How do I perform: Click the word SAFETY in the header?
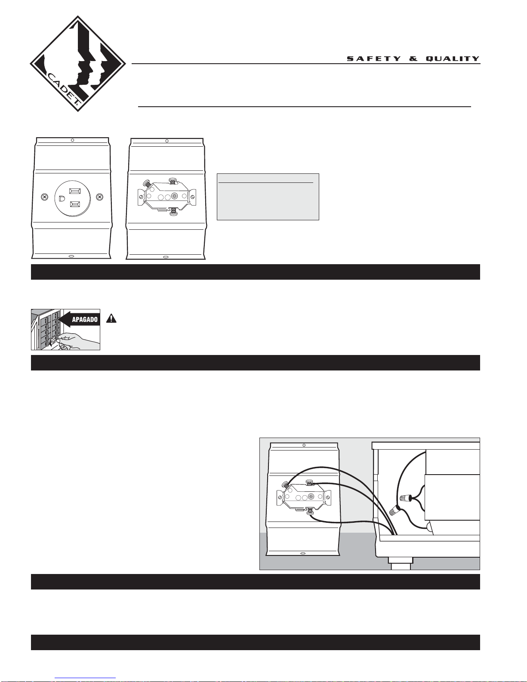click(374, 59)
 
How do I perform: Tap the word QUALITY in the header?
click(453, 59)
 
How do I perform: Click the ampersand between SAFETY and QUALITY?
click(413, 59)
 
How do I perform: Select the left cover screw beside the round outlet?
click(45, 197)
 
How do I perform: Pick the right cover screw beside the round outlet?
click(99, 197)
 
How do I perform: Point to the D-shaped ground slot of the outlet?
click(62, 198)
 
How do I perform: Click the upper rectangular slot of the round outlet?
click(75, 191)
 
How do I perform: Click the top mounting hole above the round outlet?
click(72, 140)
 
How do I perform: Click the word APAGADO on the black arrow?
click(85, 320)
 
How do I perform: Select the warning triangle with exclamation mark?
click(111, 318)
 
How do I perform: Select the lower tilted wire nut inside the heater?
click(394, 511)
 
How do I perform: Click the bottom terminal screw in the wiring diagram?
click(310, 511)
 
